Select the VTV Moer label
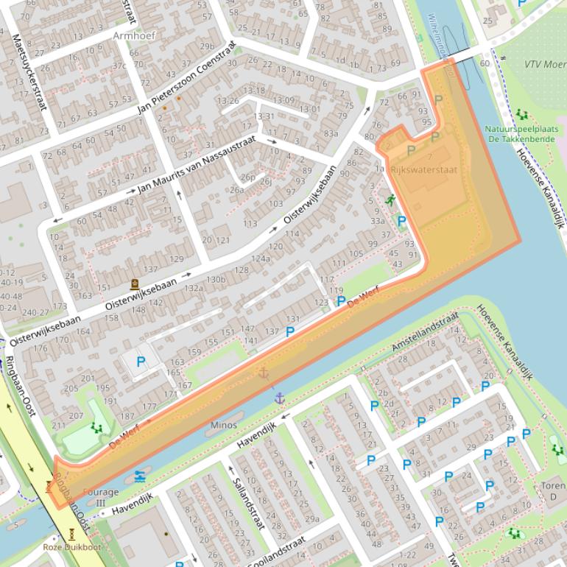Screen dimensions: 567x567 coord(540,64)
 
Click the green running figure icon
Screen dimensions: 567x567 coord(389,200)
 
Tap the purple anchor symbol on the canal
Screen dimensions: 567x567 coord(279,398)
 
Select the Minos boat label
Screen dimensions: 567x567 coord(224,425)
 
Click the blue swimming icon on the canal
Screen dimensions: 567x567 coord(140,476)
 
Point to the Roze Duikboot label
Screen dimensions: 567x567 coord(71,546)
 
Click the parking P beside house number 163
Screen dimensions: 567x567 coord(140,361)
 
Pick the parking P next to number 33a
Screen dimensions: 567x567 coord(401,220)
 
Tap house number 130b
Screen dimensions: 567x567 coord(216,279)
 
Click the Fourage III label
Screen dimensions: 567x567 coord(101,497)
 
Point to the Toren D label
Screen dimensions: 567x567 coord(552,491)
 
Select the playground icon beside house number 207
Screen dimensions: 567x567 coord(95,426)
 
